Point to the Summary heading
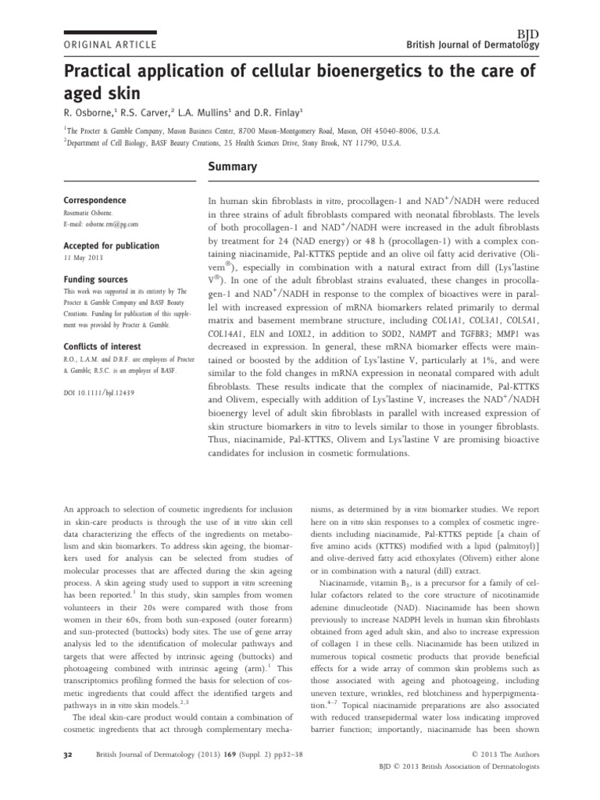230,167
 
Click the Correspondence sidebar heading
95,201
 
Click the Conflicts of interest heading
102,346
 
